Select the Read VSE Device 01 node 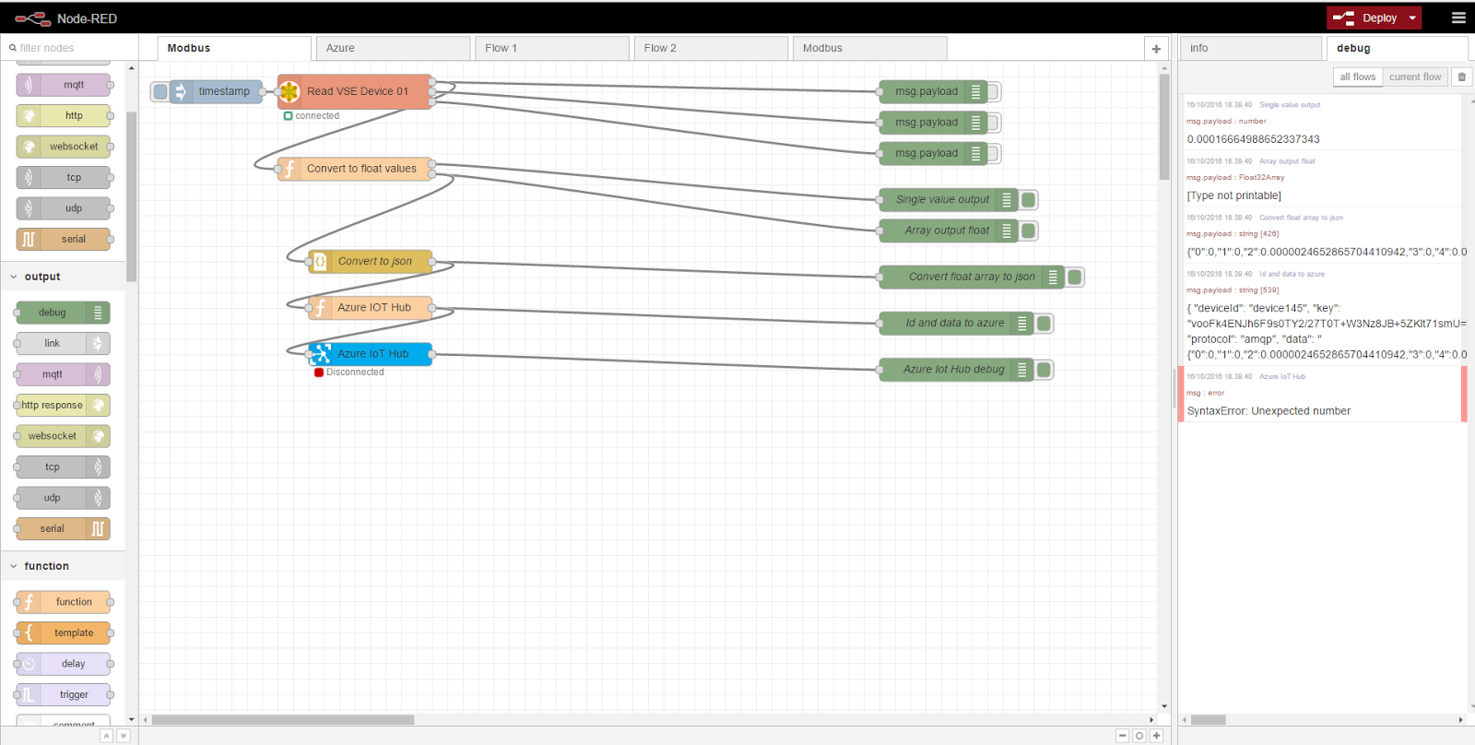tap(357, 91)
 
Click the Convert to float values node tap(360, 169)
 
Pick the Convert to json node tap(374, 261)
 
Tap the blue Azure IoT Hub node tap(372, 354)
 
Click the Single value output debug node tap(942, 199)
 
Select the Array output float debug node tap(947, 231)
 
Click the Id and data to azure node tap(954, 323)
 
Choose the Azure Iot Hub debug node tap(953, 370)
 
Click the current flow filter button tap(1414, 77)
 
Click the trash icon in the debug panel tap(1461, 77)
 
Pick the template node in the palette tap(74, 633)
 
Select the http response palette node tap(53, 406)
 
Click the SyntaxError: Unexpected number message tap(1268, 411)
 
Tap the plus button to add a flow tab tap(1156, 49)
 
